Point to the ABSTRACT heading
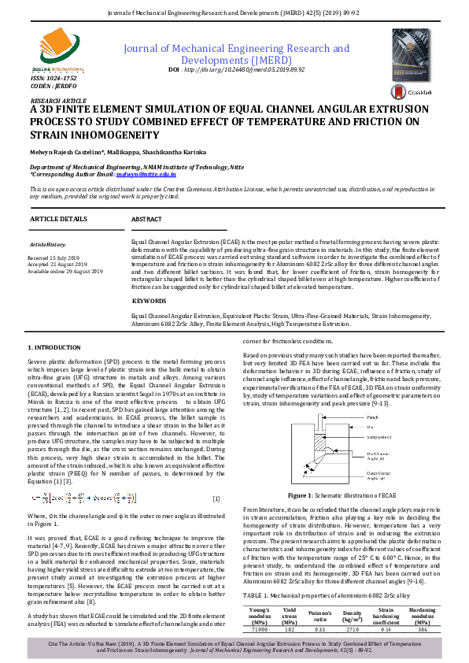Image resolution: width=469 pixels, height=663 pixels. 146,218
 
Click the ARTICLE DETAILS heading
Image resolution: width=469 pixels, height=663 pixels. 58,217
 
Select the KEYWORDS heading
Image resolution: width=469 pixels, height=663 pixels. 149,301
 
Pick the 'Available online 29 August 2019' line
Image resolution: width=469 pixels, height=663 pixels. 65,271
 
